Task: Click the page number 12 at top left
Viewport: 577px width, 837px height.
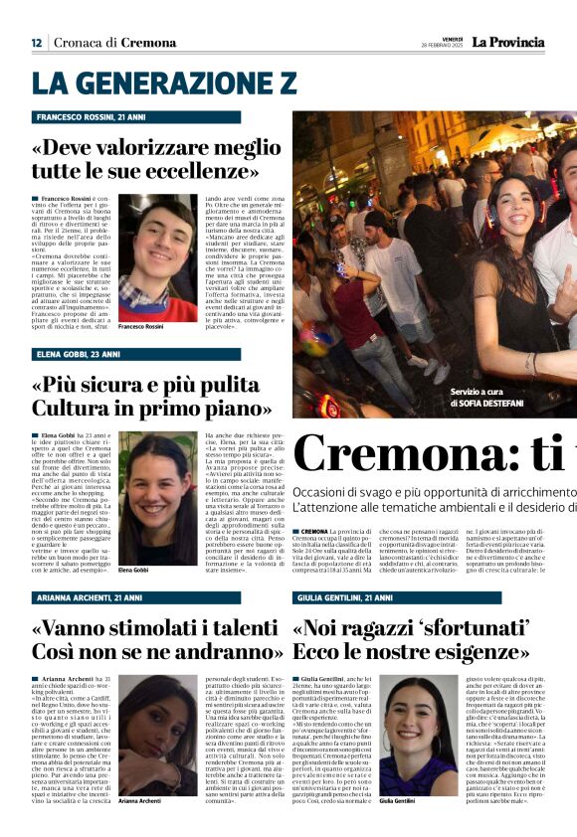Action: (x=36, y=42)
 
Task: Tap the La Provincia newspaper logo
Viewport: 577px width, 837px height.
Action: (x=507, y=42)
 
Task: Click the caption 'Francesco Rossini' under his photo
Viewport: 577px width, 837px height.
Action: (x=145, y=326)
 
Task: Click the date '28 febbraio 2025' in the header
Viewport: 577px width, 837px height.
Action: (x=443, y=46)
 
